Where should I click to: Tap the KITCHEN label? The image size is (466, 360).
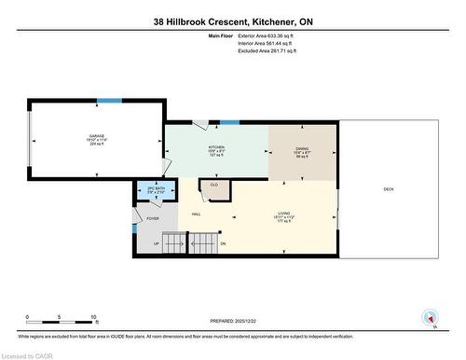click(217, 147)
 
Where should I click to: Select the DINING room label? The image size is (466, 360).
click(302, 147)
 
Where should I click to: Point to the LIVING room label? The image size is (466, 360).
click(282, 214)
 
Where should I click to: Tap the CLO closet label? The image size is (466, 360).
click(213, 185)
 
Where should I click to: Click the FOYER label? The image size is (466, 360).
click(152, 219)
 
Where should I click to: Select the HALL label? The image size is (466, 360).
click(197, 214)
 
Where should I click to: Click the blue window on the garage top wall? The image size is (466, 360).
click(109, 101)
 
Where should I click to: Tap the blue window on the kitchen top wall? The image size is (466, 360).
click(230, 121)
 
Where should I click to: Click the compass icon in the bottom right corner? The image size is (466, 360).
click(430, 316)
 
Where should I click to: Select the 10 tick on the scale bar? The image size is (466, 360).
click(94, 318)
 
